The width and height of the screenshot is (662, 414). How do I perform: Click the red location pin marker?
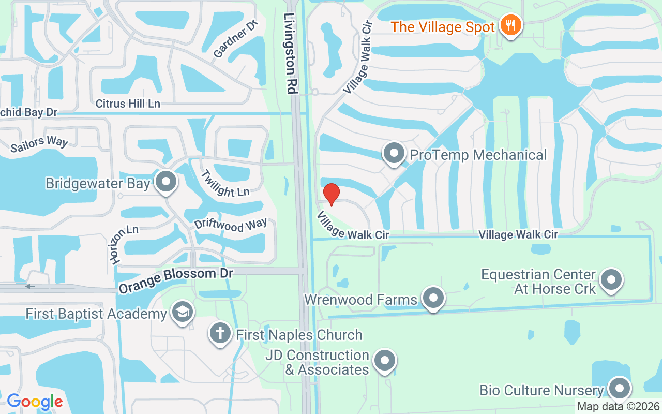[x=331, y=195]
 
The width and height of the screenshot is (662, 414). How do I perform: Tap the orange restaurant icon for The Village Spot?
[x=510, y=25]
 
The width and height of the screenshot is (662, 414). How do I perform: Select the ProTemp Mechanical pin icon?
[x=395, y=154]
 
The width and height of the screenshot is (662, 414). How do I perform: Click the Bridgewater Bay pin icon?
[x=166, y=182]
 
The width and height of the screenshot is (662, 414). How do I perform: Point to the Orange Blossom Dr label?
[x=176, y=280]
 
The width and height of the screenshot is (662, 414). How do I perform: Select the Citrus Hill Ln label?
[x=128, y=103]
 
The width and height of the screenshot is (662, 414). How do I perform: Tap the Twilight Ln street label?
[x=225, y=184]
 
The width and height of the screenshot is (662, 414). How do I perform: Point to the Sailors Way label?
[x=39, y=144]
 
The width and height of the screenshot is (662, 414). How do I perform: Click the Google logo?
[x=35, y=401]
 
